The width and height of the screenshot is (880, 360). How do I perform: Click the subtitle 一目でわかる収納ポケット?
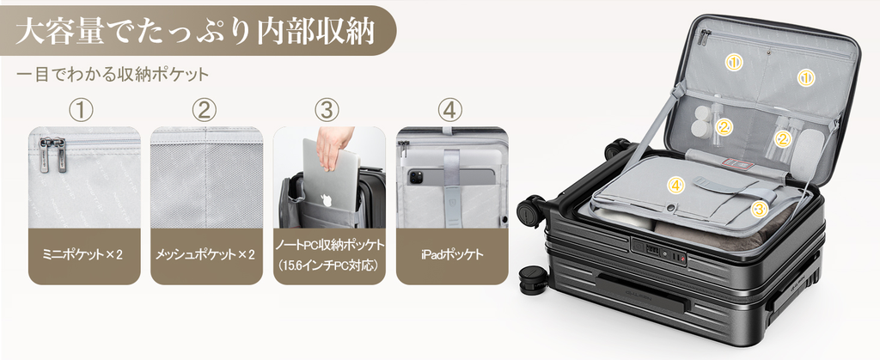coord(113,76)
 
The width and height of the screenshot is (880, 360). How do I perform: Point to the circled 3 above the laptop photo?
coord(327,110)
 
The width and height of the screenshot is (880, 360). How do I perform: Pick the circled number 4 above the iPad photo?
coord(450,110)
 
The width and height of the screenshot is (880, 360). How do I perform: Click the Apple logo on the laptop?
coord(327,200)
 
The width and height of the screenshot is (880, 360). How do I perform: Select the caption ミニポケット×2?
coord(83,255)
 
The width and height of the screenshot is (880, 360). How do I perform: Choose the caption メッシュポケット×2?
coord(206,255)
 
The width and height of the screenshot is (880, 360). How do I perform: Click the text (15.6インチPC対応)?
coord(329,265)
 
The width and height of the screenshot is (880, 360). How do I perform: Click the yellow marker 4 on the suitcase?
coord(676,184)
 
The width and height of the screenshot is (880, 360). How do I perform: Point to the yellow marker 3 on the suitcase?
coord(759,208)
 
